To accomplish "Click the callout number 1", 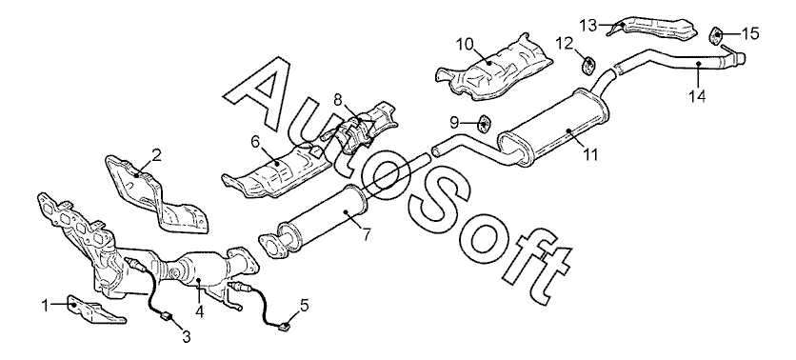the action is pos(45,305).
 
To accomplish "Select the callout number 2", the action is pos(157,155).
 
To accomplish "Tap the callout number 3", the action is pos(187,335).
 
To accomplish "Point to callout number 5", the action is pos(304,305).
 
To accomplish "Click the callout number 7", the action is pos(366,234).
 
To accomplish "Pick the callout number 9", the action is pos(454,122).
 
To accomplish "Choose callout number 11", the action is pos(590,154).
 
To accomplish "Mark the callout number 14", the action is pos(698,96).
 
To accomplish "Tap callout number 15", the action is pos(750,33).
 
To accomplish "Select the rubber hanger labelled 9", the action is pos(484,122).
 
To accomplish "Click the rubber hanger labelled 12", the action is pos(588,66).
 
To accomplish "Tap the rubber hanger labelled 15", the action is pos(716,36).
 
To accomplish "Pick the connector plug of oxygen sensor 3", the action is pos(166,318).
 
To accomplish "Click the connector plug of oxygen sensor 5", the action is pos(285,327).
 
